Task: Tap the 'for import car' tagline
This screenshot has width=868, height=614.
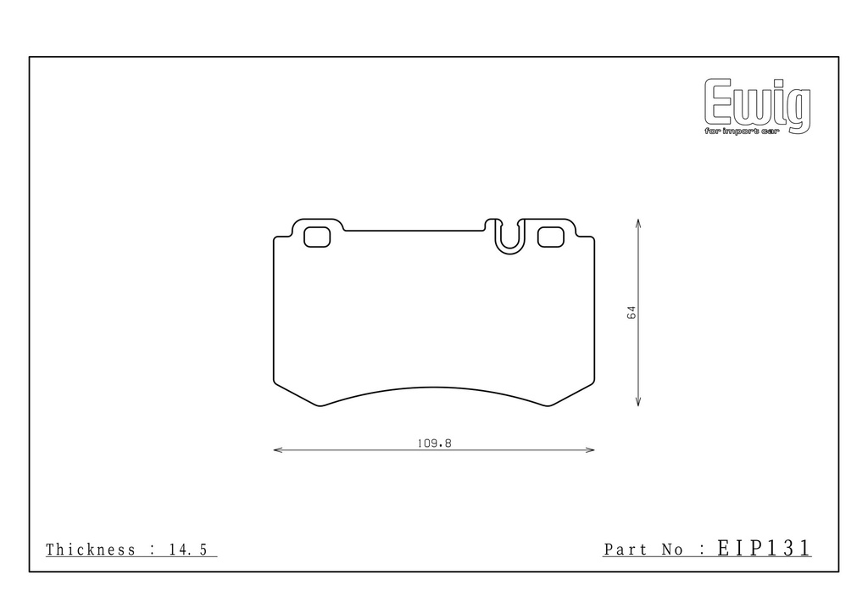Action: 742,131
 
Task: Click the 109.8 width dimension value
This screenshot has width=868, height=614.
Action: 435,444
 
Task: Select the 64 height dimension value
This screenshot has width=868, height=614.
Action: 632,312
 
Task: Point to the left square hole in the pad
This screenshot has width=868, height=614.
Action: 317,237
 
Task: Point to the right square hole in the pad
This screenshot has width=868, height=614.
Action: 551,237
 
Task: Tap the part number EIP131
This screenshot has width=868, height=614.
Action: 764,548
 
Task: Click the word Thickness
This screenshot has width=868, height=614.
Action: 91,550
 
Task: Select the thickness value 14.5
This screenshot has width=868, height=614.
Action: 188,550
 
